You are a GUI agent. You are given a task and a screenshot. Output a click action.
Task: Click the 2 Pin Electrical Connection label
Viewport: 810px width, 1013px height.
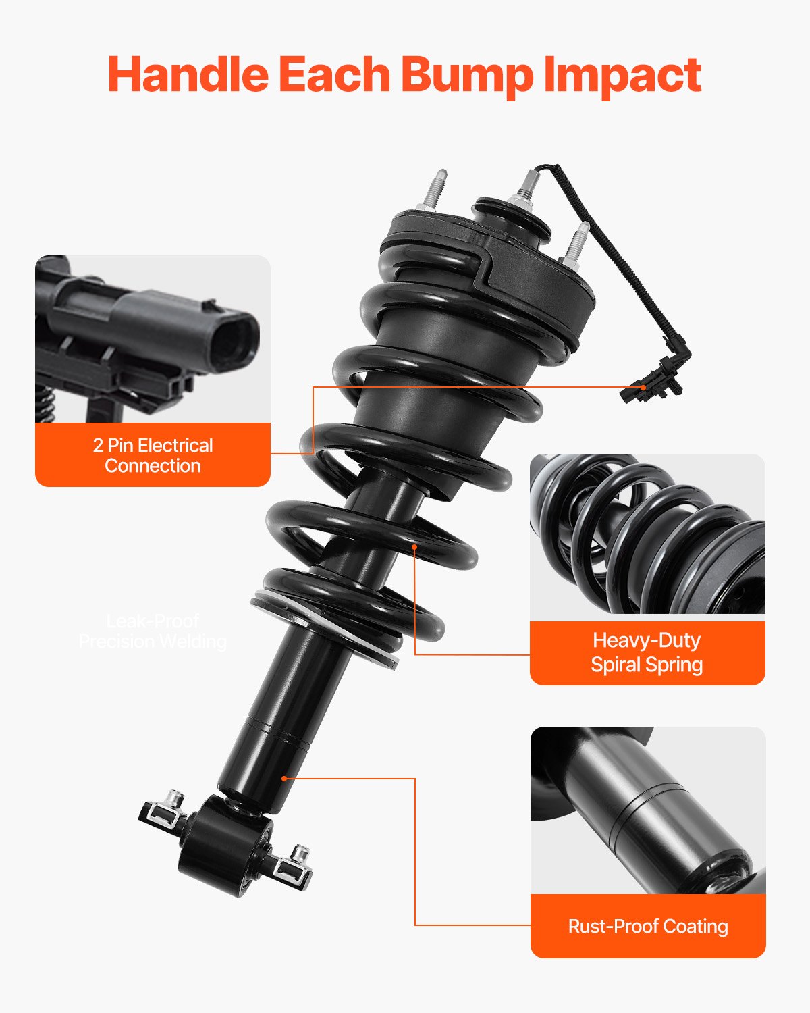(153, 455)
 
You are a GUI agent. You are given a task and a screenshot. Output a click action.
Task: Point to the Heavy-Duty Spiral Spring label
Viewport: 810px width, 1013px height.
(647, 652)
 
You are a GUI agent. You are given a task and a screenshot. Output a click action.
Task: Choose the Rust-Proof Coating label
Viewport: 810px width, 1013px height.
(648, 926)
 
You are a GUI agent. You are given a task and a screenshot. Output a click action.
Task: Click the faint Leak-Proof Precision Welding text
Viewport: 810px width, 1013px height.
(153, 631)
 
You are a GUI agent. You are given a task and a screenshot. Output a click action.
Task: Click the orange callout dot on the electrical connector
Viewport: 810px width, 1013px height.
(643, 388)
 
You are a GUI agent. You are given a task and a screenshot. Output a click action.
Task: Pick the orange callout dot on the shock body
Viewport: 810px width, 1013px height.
(284, 779)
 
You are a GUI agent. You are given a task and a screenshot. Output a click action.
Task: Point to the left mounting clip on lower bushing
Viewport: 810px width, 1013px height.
(164, 810)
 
